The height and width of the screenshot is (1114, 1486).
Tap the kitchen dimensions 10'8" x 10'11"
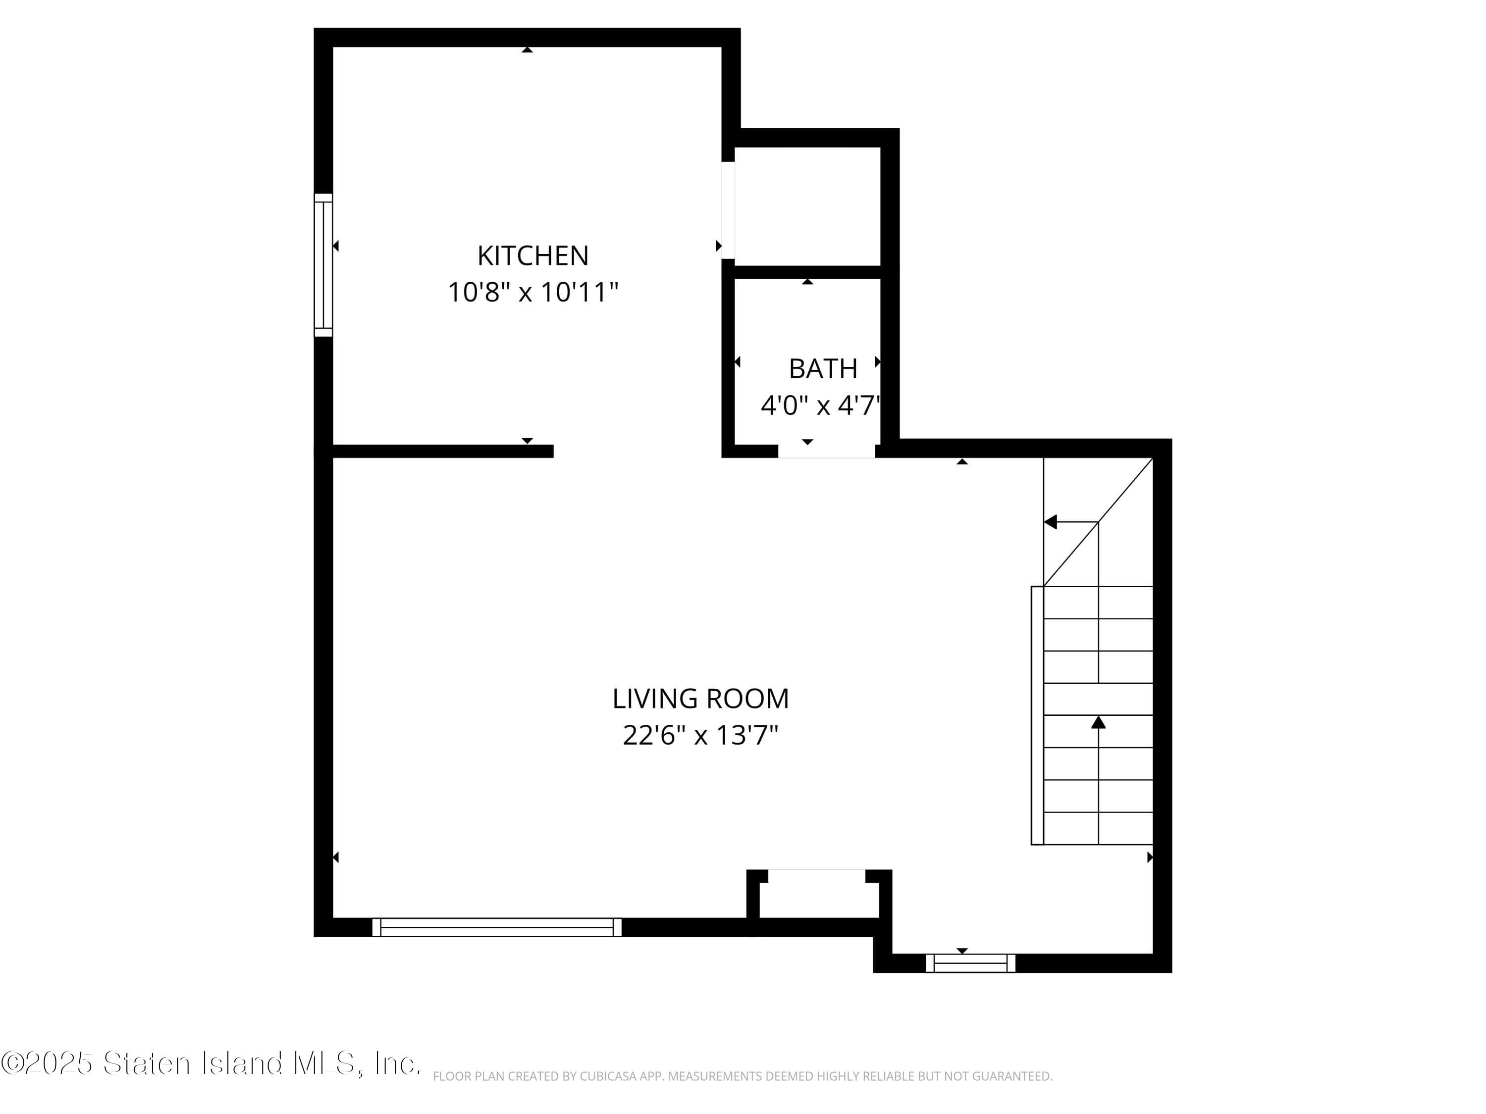point(532,292)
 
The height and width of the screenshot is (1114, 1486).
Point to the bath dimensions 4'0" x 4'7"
point(820,405)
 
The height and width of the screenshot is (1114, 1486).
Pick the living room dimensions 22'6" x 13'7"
point(700,735)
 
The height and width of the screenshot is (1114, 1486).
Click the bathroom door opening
point(826,451)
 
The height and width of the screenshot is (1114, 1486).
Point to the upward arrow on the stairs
point(1098,722)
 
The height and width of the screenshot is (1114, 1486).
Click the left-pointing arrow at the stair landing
point(1051,522)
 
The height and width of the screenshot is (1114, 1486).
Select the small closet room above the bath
point(807,205)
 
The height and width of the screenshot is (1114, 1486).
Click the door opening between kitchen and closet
point(728,209)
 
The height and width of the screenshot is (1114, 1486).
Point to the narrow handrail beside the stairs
point(1037,715)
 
